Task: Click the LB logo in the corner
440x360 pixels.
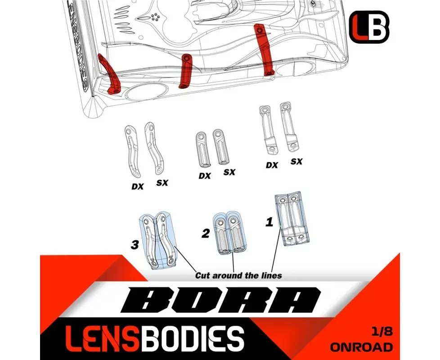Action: point(369,27)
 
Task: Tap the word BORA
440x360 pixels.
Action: point(221,301)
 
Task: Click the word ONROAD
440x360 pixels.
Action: point(361,347)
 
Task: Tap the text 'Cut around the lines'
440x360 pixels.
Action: point(238,275)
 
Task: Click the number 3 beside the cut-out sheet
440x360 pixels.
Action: point(135,245)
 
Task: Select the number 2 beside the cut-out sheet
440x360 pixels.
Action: point(206,233)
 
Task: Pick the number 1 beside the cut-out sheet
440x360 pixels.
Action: point(269,222)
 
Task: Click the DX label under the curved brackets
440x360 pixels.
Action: point(138,186)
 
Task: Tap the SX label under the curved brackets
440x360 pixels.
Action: point(162,183)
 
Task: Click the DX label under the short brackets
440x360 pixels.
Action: point(205,176)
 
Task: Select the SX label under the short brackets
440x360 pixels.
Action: point(229,172)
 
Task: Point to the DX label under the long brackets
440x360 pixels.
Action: point(272,165)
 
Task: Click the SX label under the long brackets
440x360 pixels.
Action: point(296,162)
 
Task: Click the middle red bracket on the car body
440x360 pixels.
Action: point(185,71)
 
